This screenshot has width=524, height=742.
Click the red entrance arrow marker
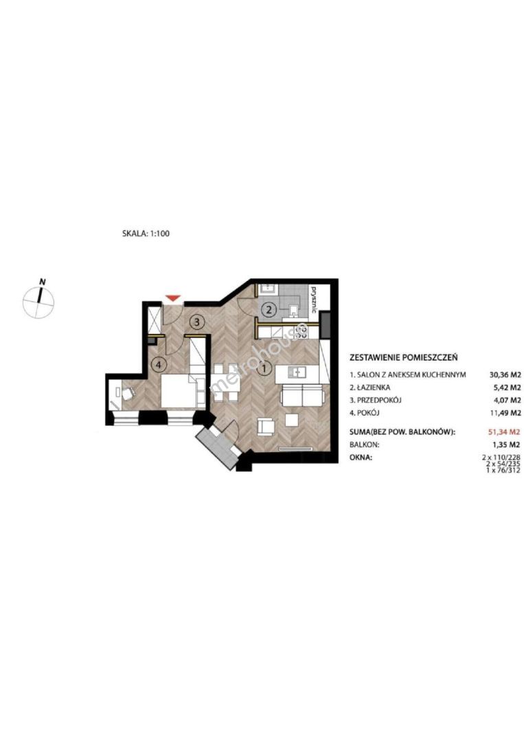coord(174,297)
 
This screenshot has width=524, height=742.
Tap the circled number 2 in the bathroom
coord(268,311)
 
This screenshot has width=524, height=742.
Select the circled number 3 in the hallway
coord(198,322)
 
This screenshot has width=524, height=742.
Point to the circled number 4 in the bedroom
coord(159,364)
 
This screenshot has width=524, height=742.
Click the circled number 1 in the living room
coord(265,367)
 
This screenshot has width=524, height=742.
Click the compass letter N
coord(43,282)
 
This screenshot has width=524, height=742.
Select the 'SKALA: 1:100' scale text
coord(146,234)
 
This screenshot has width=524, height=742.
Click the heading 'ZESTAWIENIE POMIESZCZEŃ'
coord(403,358)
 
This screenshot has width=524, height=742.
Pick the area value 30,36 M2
coord(505,375)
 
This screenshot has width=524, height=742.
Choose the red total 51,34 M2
coord(504,431)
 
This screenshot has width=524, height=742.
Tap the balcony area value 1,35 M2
coord(507,445)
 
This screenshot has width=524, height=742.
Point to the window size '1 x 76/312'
coord(503,471)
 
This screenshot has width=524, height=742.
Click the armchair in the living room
coord(265,427)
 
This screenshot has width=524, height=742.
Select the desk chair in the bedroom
coord(128,393)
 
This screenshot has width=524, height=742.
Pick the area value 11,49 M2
coord(505,413)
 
